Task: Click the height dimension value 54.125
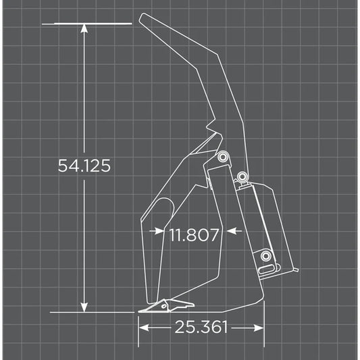click(83, 165)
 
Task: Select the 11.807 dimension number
click(194, 235)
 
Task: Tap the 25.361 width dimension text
click(201, 328)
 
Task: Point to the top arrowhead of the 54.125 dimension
click(84, 29)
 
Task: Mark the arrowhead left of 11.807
click(160, 231)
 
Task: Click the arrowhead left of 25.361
click(143, 328)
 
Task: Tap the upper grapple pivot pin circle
click(222, 157)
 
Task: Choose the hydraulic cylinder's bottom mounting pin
click(267, 255)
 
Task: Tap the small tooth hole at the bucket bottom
click(162, 307)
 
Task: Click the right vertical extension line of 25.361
click(263, 317)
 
